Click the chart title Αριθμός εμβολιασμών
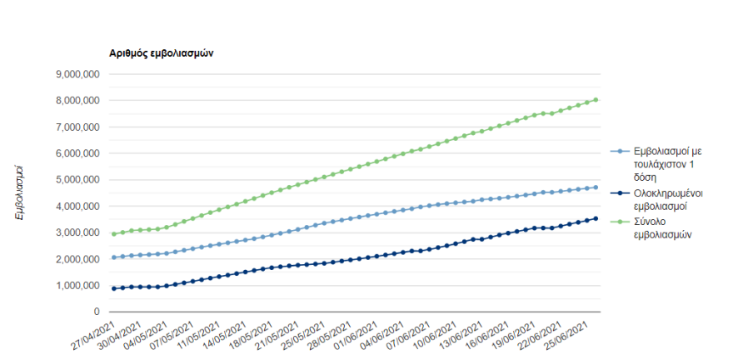(162, 52)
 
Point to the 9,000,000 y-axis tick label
(78, 74)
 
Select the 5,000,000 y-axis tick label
(78, 180)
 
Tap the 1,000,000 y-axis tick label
(78, 286)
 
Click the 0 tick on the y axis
(97, 312)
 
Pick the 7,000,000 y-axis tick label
(78, 127)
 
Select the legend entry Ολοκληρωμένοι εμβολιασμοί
(667, 199)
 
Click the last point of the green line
(596, 100)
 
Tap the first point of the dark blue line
(113, 288)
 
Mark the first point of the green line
(113, 234)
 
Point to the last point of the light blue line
(596, 187)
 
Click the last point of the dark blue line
(596, 218)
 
